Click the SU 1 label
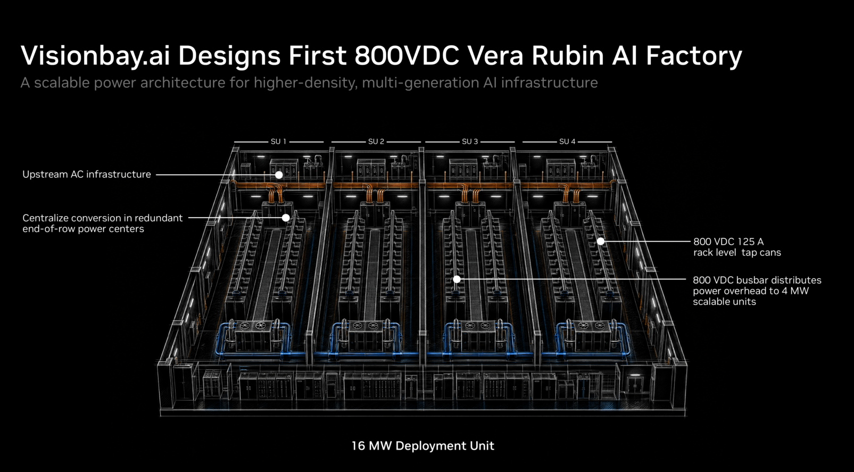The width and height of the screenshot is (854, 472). click(278, 142)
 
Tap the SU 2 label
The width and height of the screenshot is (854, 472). click(376, 142)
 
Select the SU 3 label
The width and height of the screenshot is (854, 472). click(470, 142)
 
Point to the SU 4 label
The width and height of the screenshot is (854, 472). click(567, 142)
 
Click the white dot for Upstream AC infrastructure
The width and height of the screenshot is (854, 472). click(279, 175)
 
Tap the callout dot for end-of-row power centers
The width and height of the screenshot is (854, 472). click(286, 218)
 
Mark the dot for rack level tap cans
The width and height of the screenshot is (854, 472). click(601, 242)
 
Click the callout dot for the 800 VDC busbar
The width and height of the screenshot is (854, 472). click(457, 279)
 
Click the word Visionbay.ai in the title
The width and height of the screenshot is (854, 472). click(95, 56)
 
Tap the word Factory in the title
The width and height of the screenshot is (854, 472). click(694, 56)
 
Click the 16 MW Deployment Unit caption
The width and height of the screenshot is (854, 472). click(423, 446)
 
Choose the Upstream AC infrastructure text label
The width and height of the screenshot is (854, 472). click(87, 174)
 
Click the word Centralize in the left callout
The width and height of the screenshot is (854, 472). click(45, 218)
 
